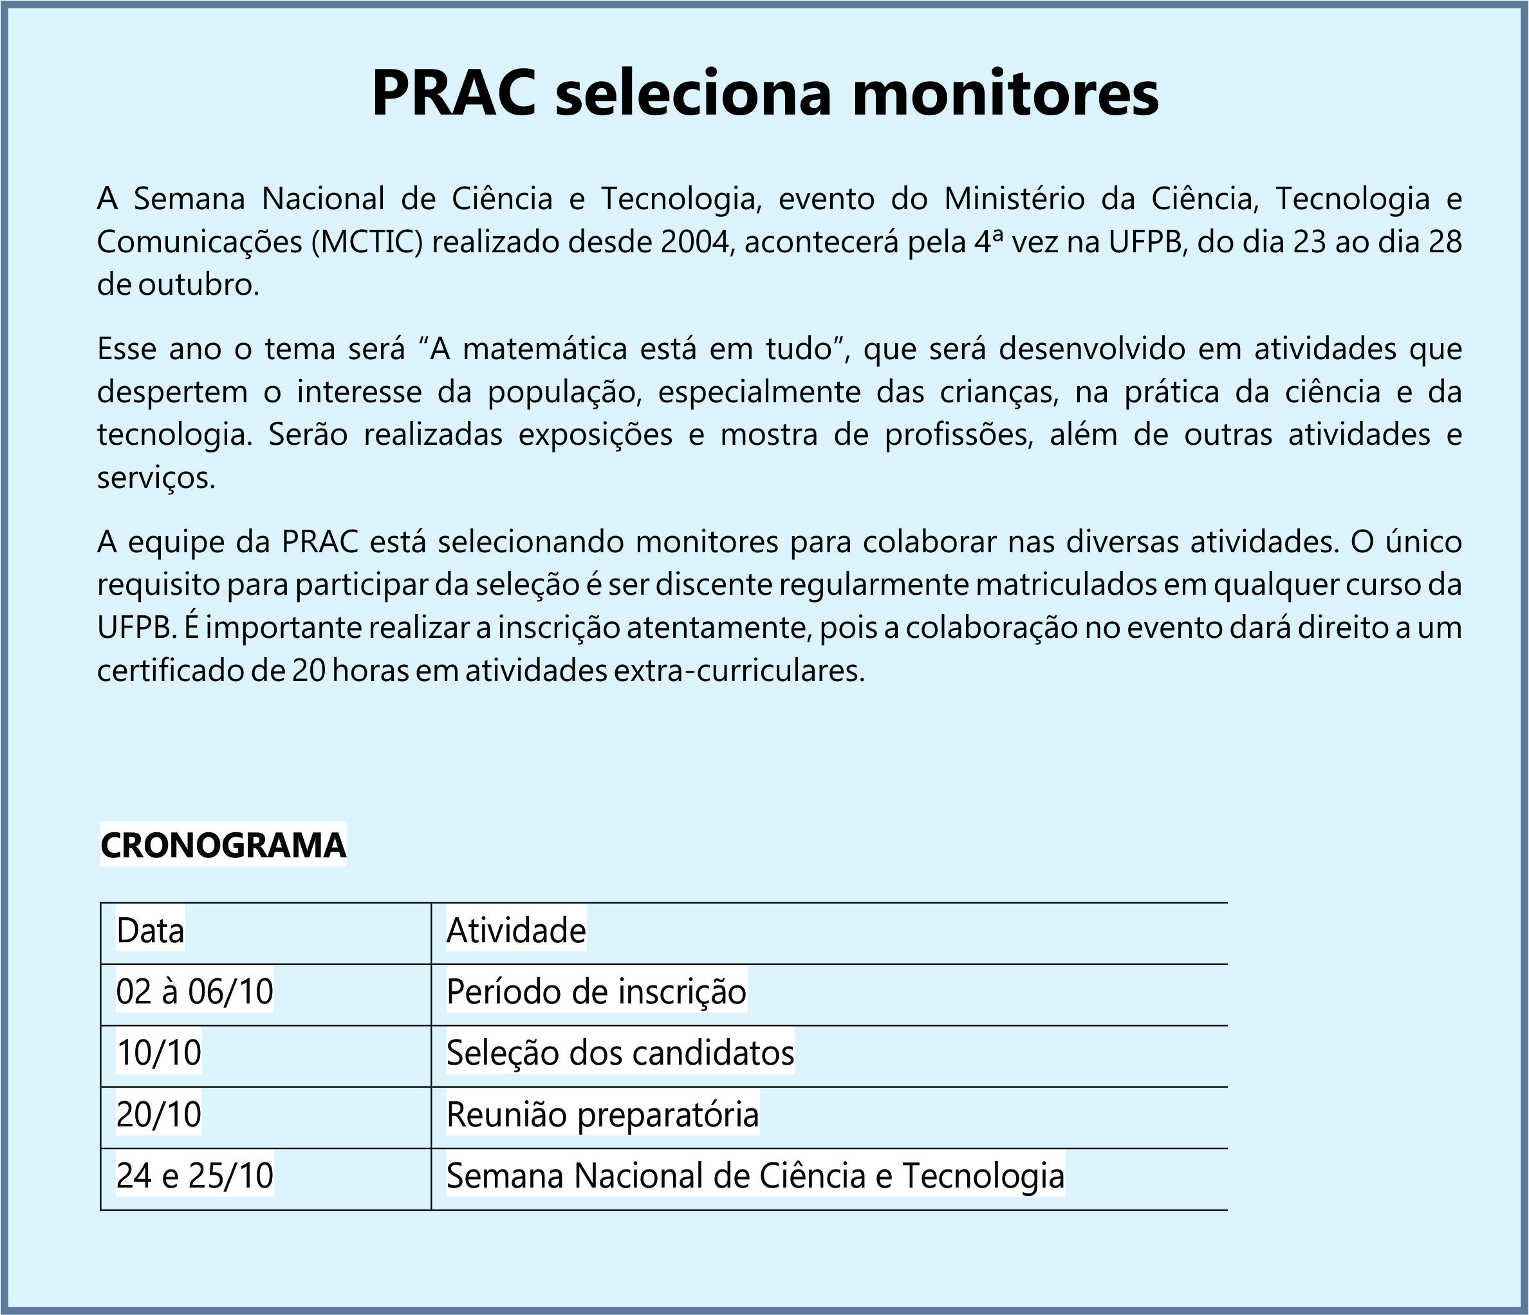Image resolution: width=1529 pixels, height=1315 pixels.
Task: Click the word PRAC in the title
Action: click(x=453, y=94)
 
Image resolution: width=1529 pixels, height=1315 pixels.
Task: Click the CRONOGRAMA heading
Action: click(x=223, y=846)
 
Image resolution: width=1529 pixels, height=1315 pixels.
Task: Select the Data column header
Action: click(x=150, y=931)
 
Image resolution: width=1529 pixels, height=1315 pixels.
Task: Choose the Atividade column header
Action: click(x=516, y=931)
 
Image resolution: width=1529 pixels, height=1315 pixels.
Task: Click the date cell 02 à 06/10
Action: click(x=195, y=992)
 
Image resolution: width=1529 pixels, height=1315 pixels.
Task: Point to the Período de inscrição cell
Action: click(x=597, y=992)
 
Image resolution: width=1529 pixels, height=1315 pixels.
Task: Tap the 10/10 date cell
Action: click(x=159, y=1053)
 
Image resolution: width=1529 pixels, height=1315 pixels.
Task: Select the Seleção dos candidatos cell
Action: click(x=620, y=1053)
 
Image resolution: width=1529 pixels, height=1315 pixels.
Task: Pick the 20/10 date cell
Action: click(x=159, y=1114)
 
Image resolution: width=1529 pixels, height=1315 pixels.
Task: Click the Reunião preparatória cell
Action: click(x=602, y=1114)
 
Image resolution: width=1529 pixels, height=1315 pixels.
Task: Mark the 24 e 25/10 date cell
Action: click(x=195, y=1175)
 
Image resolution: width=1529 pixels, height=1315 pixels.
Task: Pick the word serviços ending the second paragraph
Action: click(x=156, y=479)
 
